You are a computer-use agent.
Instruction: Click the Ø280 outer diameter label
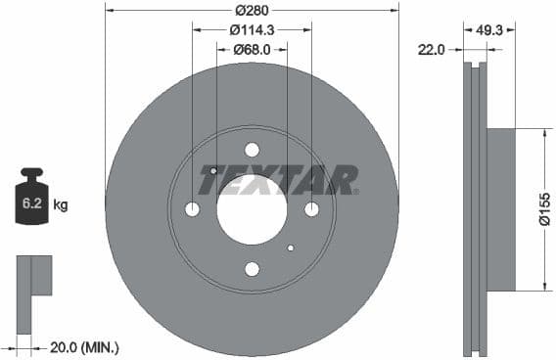tap(253, 11)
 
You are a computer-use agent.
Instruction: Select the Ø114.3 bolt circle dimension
tap(253, 30)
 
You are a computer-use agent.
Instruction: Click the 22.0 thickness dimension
tap(432, 48)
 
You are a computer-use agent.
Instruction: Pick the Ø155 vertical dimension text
tap(545, 208)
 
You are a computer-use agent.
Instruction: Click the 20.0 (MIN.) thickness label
tap(85, 347)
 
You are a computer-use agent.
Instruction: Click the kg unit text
tap(61, 205)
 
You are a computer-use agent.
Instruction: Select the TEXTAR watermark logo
tap(278, 180)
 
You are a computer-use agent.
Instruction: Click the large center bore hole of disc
tap(252, 209)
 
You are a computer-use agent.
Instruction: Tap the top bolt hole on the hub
tap(252, 150)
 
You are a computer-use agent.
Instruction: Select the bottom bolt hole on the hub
tap(252, 269)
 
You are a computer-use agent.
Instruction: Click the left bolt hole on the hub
tap(192, 209)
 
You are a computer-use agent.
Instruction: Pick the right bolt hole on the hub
tap(311, 209)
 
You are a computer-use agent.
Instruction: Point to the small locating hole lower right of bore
tap(290, 247)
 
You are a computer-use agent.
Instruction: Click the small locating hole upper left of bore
tap(213, 171)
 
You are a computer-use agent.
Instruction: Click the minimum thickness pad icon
tap(33, 276)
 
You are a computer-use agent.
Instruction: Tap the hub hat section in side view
tap(500, 209)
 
